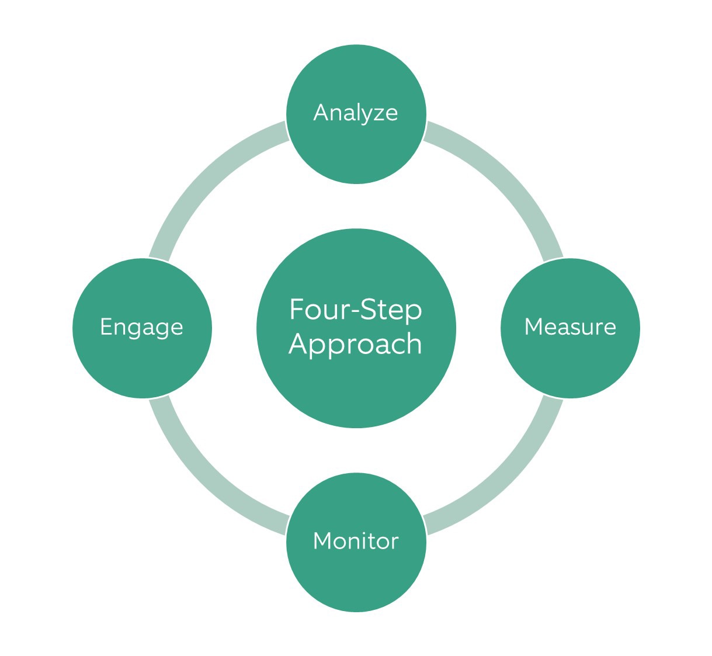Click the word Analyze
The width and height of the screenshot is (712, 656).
pos(356,113)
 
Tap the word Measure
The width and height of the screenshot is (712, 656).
pos(570,327)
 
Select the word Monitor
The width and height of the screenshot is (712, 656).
pos(356,541)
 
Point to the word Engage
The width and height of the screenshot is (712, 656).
pos(141,327)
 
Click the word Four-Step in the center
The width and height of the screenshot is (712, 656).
pos(355,310)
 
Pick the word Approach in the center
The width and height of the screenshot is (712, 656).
pos(355,343)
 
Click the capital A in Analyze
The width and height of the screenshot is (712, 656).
pos(321,112)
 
